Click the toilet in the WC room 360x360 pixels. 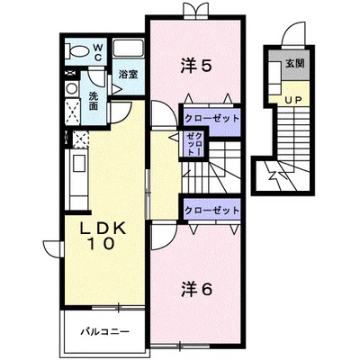click(77, 50)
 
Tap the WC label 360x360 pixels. click(98, 52)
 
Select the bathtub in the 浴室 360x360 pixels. click(128, 48)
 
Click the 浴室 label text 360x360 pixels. click(128, 74)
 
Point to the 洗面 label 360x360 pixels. click(94, 101)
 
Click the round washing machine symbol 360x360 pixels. click(72, 89)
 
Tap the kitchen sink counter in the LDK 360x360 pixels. click(76, 179)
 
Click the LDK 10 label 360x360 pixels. click(102, 237)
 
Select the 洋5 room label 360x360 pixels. click(197, 65)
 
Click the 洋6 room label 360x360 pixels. click(197, 289)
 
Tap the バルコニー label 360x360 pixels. click(104, 332)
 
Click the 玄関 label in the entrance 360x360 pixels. click(295, 63)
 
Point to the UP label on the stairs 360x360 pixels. click(292, 100)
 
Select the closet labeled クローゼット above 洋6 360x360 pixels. click(211, 210)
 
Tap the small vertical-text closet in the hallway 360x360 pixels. click(193, 144)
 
